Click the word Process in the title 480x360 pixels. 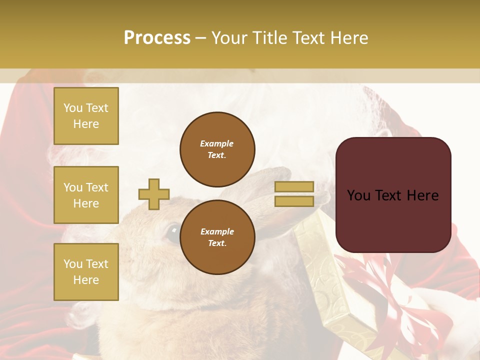pos(157,38)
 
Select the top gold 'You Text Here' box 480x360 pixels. pos(86,116)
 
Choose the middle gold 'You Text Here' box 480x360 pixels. pos(86,195)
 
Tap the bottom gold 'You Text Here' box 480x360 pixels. pos(86,271)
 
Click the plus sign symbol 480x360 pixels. pos(154,194)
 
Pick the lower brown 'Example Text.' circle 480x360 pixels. pos(217,237)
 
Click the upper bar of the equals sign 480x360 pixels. pos(294,186)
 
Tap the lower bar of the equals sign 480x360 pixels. pos(294,201)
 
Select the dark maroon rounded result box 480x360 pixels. pos(393,194)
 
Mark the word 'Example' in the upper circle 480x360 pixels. pos(217,143)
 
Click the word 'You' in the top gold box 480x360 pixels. pos(73,108)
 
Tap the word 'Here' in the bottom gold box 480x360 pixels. pos(86,280)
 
